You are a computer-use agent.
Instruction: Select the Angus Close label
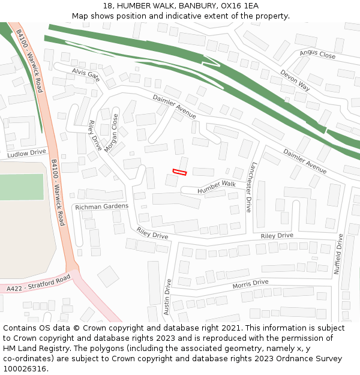317,55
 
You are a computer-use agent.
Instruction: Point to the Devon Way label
295,80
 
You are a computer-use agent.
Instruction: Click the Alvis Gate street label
86,74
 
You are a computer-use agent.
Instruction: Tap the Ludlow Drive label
26,154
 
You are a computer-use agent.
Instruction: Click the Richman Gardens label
101,206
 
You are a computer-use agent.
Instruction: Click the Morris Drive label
250,283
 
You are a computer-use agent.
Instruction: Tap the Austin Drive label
167,297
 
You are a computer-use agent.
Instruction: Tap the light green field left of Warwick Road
22,187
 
